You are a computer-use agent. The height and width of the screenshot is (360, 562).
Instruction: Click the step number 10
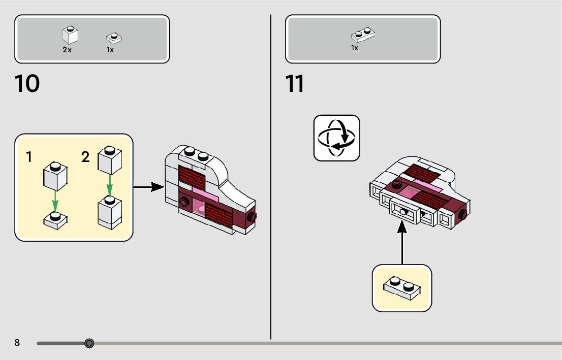coord(27,84)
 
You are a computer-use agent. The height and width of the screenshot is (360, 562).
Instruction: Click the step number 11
coord(295,84)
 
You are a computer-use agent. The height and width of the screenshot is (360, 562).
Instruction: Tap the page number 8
coord(17,343)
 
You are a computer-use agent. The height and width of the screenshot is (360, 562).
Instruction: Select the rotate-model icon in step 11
coord(336,138)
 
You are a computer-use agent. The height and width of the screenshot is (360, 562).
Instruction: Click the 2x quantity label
coord(67,50)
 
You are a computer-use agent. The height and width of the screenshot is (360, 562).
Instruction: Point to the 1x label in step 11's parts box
coord(355,48)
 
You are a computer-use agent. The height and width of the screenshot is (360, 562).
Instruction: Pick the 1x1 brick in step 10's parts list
coord(70,35)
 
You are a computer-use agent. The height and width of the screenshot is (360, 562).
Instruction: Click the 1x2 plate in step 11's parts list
coord(363,35)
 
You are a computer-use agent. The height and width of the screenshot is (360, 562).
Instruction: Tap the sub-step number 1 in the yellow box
coord(29,157)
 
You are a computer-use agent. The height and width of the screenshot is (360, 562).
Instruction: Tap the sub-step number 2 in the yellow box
coord(85,157)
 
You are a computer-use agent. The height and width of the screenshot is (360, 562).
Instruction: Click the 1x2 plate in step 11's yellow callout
coord(402,287)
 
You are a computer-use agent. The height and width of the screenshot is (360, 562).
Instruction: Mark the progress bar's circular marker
coord(89,344)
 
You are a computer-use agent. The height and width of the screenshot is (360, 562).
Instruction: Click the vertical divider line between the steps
coord(271,178)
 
